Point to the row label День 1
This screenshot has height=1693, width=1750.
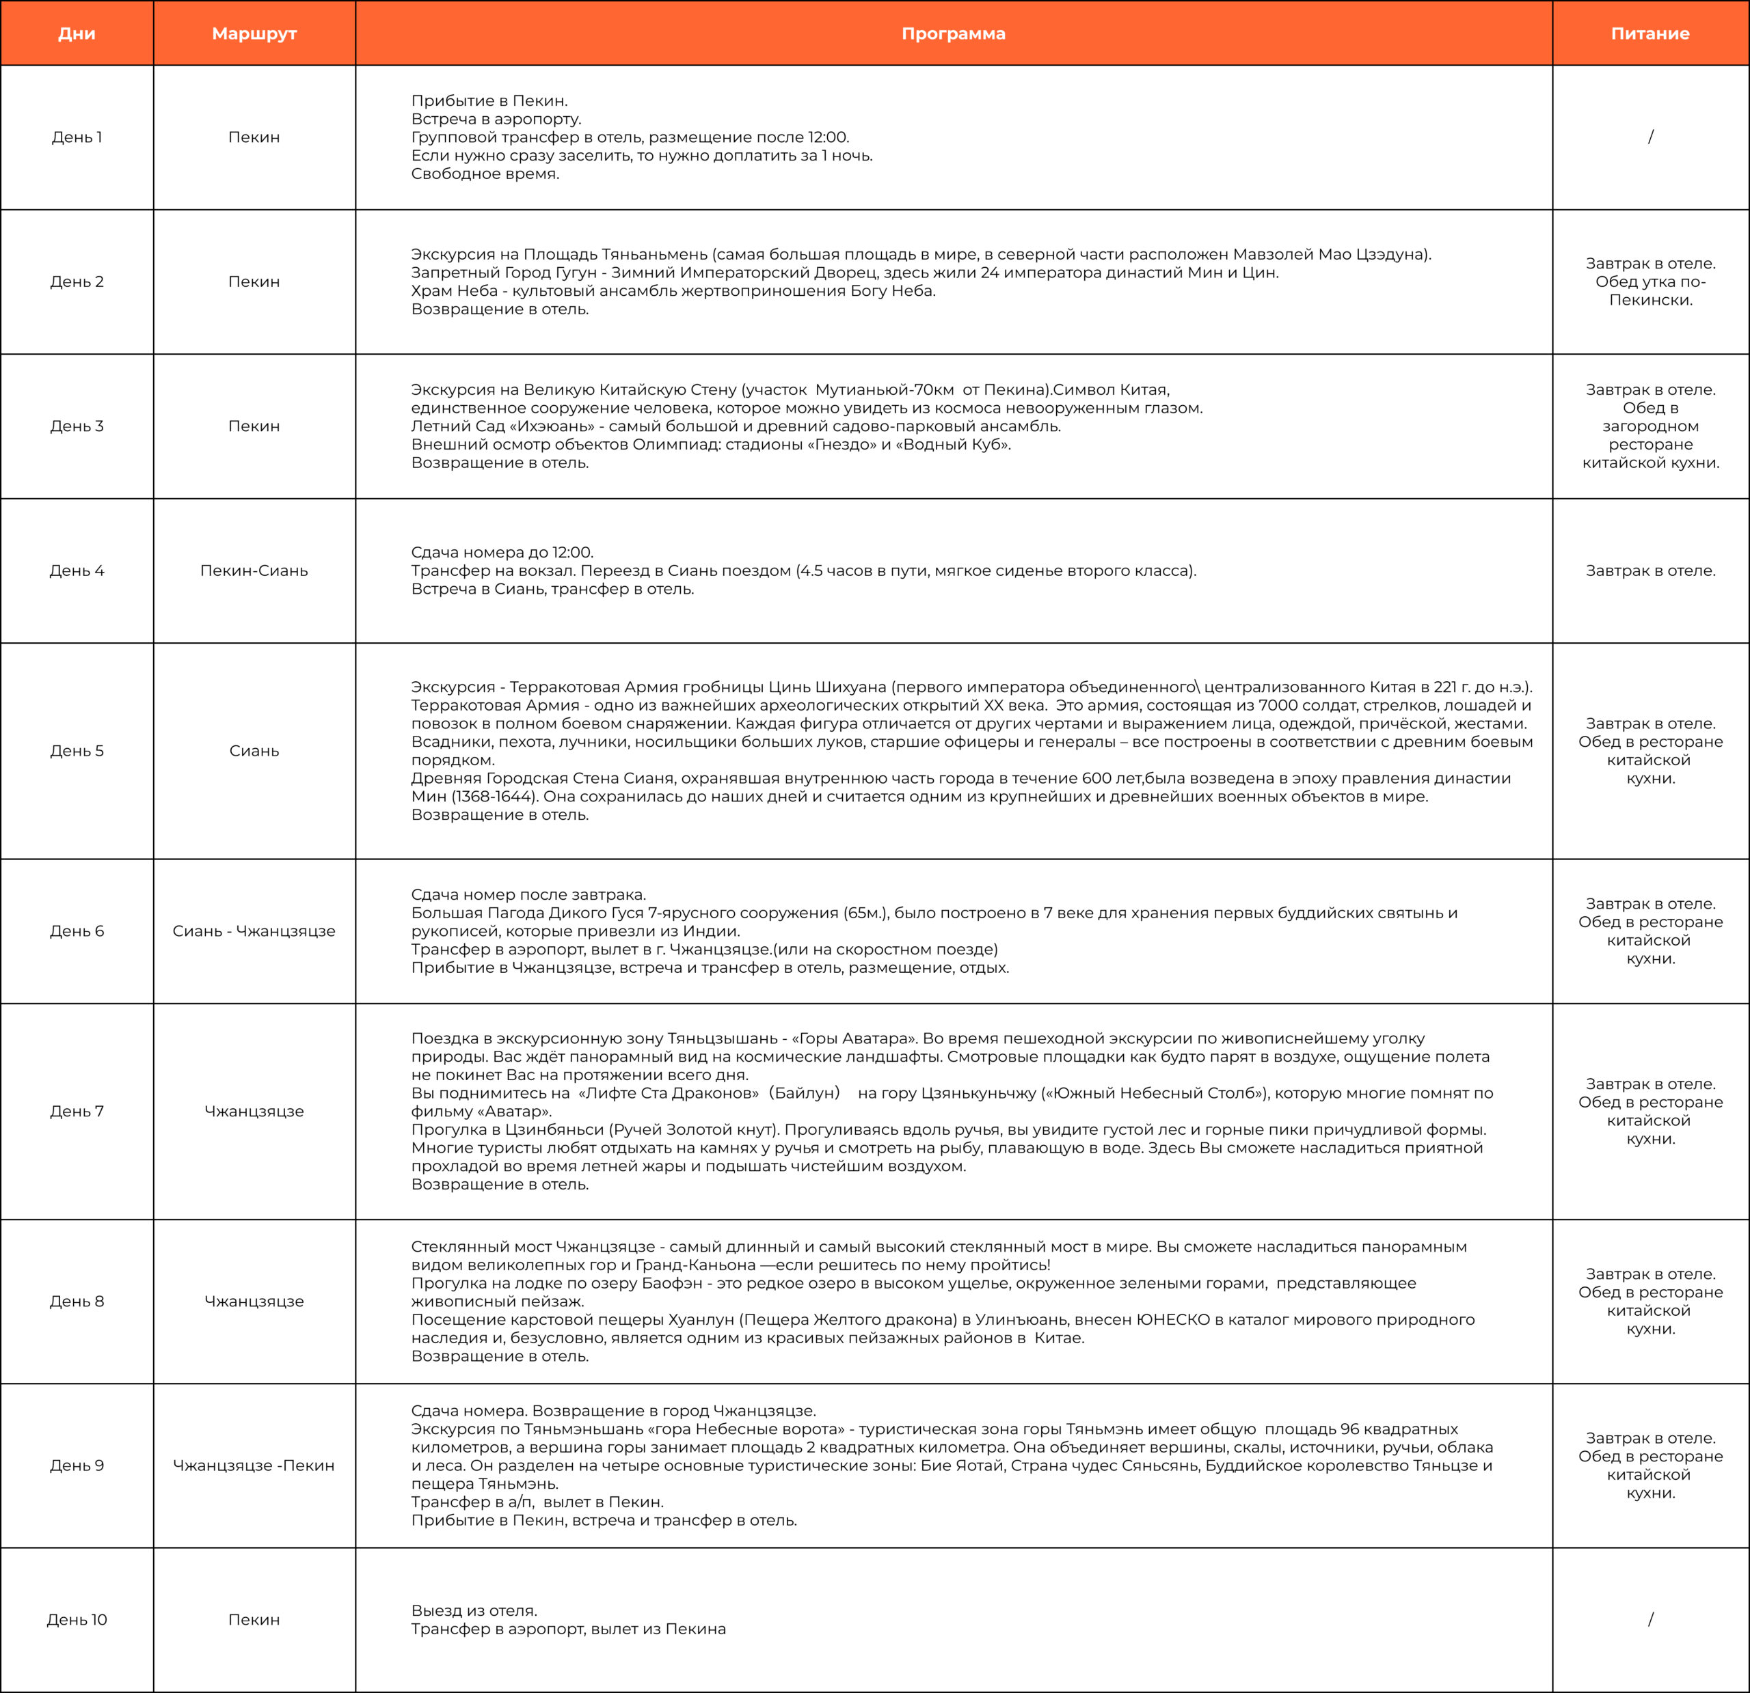pyautogui.click(x=77, y=137)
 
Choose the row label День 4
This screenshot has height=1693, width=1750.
pyautogui.click(x=77, y=571)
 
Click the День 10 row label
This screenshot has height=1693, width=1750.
pyautogui.click(x=77, y=1620)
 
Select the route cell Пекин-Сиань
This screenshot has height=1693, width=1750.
pyautogui.click(x=254, y=571)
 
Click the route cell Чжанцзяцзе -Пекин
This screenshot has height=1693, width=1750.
pyautogui.click(x=254, y=1465)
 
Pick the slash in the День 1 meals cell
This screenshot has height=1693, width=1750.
pyautogui.click(x=1650, y=137)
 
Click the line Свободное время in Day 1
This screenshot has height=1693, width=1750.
pyautogui.click(x=485, y=174)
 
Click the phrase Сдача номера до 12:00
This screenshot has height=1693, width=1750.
pyautogui.click(x=502, y=553)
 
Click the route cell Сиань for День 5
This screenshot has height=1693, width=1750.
pyautogui.click(x=254, y=752)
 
